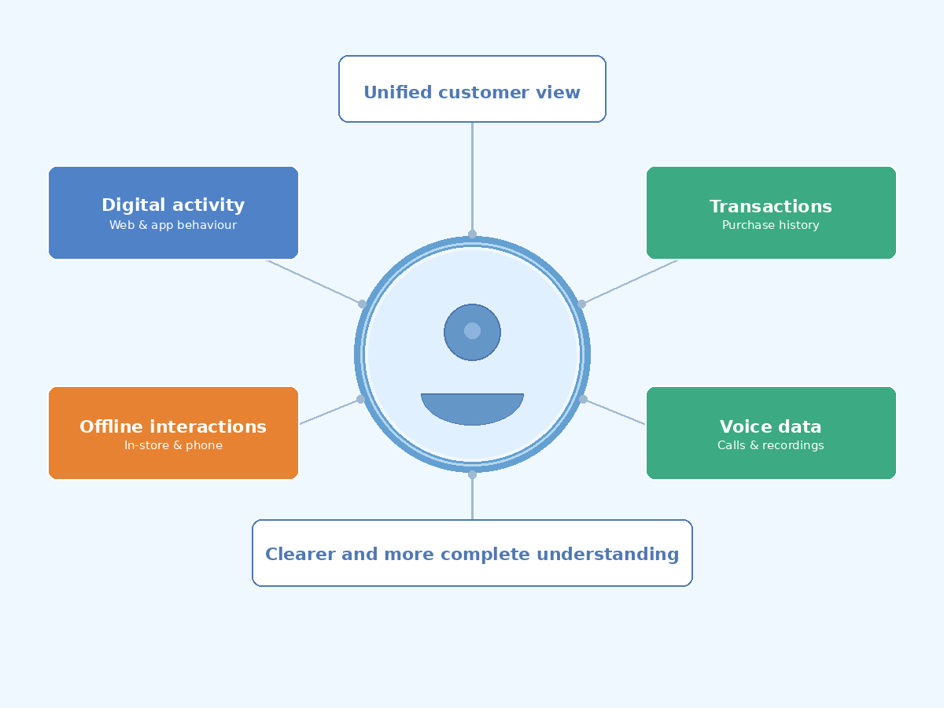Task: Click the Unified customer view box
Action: click(x=472, y=89)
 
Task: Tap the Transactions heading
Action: click(x=770, y=207)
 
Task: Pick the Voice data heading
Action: click(x=770, y=427)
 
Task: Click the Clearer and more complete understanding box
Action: click(x=472, y=553)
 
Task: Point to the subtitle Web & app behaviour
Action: click(x=173, y=226)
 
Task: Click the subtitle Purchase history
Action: click(x=770, y=226)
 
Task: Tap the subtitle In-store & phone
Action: click(x=173, y=446)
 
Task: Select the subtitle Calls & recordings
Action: click(x=770, y=446)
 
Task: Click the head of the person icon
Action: click(x=472, y=332)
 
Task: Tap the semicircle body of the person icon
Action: click(x=472, y=407)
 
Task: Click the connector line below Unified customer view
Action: click(x=472, y=177)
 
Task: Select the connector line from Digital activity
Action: click(x=315, y=282)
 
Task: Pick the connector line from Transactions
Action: click(x=629, y=282)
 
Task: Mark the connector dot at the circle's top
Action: click(x=472, y=234)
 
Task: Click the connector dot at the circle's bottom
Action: click(x=472, y=474)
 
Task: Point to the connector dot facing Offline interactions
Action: click(x=361, y=400)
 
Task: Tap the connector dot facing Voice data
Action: click(x=583, y=400)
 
